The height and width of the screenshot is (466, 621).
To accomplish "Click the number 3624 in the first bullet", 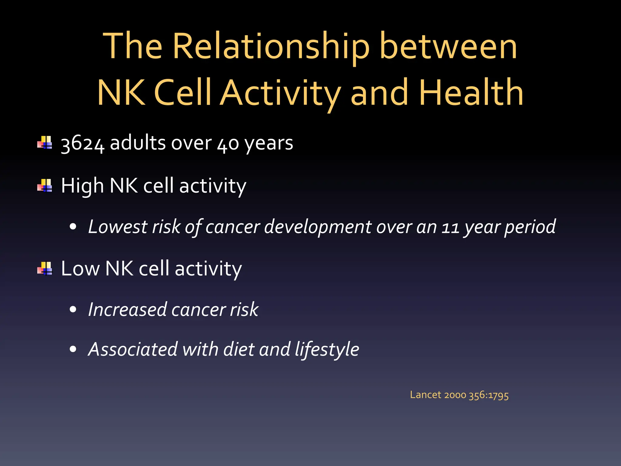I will pos(82,144).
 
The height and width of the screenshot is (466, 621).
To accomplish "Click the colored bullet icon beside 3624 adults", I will pos(45,143).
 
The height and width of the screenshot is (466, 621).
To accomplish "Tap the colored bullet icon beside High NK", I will pos(45,185).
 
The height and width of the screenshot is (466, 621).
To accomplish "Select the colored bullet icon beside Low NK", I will pos(45,268).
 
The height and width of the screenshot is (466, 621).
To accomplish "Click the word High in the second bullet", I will pos(82,186).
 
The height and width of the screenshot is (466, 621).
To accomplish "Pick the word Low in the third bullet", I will pos(80,268).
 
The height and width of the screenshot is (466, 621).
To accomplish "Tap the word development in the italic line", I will pos(317,227).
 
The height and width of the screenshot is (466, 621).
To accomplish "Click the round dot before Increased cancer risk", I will pos(73,309).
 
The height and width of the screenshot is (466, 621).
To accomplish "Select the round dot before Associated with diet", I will pos(73,349).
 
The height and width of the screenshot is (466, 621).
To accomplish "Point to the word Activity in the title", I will pos(280,93).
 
